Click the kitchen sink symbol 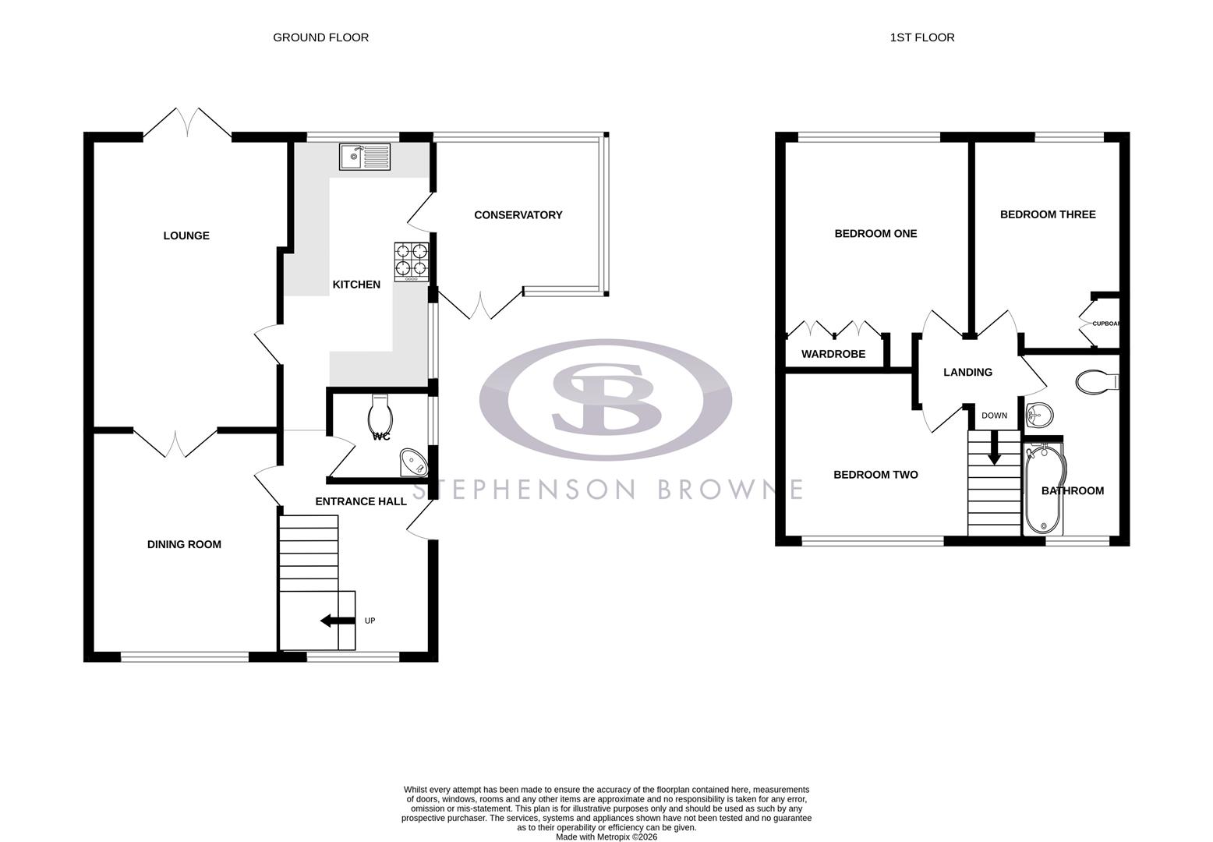coord(365,157)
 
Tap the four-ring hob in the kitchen coord(412,260)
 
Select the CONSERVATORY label coord(518,215)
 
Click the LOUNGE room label coord(186,235)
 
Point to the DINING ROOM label coord(184,544)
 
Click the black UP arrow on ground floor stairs coord(336,621)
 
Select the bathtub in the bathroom coord(1038,490)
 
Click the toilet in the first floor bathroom coord(1096,381)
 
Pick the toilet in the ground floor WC coord(379,414)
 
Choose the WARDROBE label coord(833,354)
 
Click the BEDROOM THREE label coord(1047,214)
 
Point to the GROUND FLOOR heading coord(320,37)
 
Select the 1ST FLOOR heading coord(922,37)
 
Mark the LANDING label coord(967,373)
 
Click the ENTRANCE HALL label coord(360,501)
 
